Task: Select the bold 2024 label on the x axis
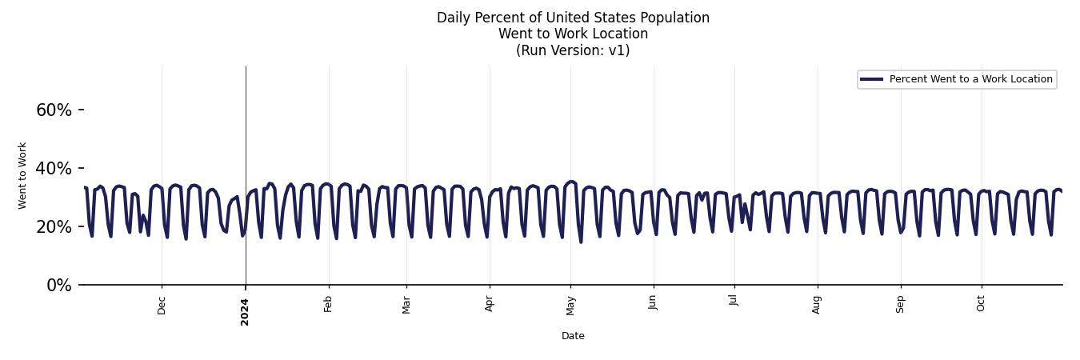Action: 245,311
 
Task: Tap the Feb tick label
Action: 328,304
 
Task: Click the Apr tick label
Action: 490,304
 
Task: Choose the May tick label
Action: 570,305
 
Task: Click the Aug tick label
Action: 817,305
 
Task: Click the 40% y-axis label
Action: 54,169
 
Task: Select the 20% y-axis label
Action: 54,227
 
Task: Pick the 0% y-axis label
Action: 58,286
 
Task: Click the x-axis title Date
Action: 573,336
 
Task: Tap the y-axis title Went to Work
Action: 22,175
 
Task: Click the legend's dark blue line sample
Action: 871,79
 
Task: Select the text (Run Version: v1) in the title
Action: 573,50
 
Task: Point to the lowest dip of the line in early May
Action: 581,242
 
